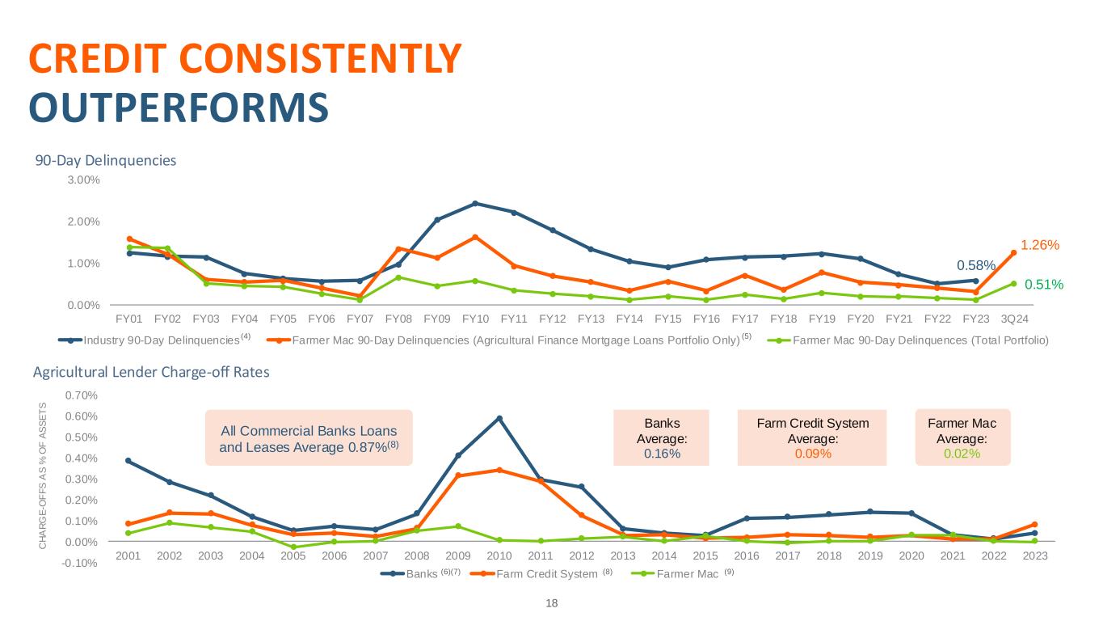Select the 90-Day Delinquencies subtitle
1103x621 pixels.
click(105, 160)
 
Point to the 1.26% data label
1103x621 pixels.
click(1039, 244)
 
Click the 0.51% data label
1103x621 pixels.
click(1043, 284)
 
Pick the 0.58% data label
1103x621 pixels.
click(975, 265)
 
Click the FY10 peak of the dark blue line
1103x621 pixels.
click(476, 203)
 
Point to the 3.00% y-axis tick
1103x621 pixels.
click(83, 180)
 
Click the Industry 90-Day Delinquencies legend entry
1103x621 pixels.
click(162, 340)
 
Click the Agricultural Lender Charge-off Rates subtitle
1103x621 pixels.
click(150, 373)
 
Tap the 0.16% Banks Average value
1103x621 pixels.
click(662, 454)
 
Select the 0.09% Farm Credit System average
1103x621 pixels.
click(812, 454)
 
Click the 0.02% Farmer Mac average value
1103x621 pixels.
click(962, 454)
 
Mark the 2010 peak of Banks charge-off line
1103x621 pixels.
click(499, 418)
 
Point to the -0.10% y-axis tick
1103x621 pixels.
click(82, 563)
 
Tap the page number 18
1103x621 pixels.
click(552, 603)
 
